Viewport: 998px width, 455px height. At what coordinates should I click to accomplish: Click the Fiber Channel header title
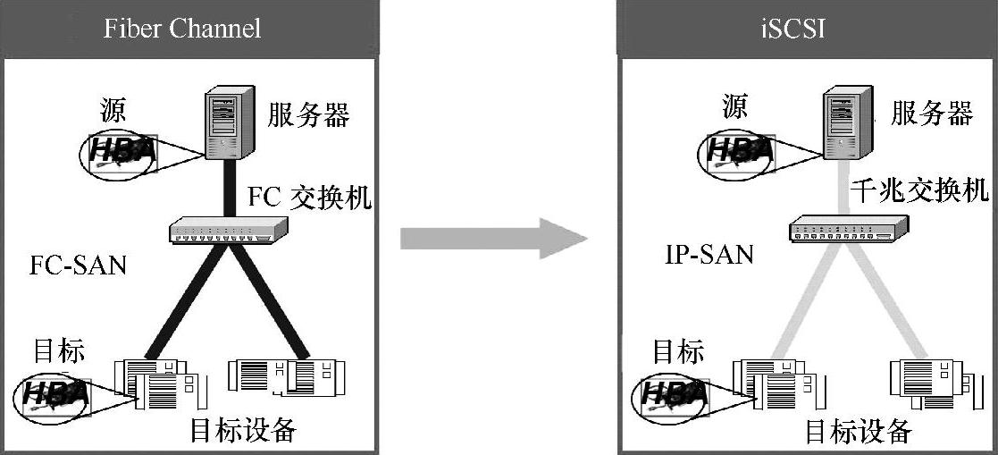coord(182,29)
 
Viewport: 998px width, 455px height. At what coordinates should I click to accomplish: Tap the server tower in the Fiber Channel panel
coord(223,122)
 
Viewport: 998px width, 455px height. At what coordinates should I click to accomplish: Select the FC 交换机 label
coord(308,198)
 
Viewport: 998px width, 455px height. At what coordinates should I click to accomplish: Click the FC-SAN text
coord(78,265)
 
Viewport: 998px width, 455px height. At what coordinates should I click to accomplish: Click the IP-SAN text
coord(709,255)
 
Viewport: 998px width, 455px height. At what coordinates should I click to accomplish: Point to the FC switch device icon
coord(229,231)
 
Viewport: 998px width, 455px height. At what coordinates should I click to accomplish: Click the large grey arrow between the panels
coord(492,239)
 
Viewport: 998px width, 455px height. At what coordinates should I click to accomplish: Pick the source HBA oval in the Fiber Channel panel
coord(119,153)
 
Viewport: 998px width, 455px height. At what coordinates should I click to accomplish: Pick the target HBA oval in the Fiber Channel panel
coord(55,392)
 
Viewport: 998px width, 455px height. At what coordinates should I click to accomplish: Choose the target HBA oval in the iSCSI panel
coord(670,393)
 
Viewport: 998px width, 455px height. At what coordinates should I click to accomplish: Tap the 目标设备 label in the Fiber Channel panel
coord(242,431)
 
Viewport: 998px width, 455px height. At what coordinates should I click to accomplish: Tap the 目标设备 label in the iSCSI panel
coord(859,432)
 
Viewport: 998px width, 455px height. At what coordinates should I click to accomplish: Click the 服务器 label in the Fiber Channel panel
coord(308,115)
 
